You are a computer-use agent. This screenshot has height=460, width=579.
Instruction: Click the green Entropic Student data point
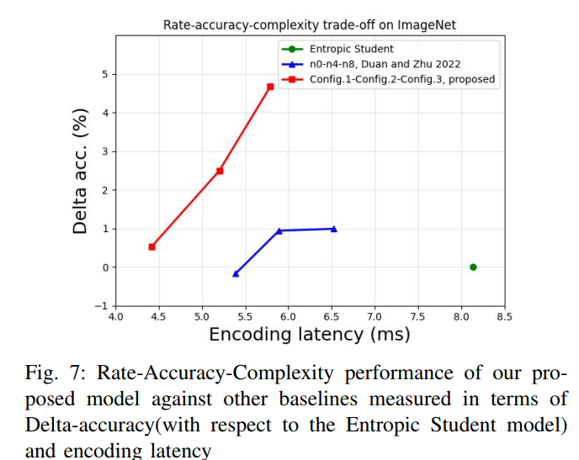tap(473, 267)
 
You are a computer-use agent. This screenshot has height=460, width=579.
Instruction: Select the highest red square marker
tap(270, 87)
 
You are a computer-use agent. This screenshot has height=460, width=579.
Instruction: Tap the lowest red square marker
tap(151, 246)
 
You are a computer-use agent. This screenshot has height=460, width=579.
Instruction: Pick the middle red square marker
tap(220, 171)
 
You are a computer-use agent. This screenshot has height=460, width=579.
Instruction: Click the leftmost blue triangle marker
tap(236, 273)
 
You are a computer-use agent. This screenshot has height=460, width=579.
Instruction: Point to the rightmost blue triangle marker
tap(334, 229)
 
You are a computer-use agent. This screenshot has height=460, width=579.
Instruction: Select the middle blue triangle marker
tap(279, 230)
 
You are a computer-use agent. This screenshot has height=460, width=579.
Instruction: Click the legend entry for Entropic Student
tap(345, 50)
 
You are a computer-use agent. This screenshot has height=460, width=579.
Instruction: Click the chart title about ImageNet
tap(310, 24)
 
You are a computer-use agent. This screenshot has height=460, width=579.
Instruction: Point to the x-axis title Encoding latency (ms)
tap(309, 335)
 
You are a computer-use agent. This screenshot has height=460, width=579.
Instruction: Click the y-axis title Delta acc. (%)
tap(81, 171)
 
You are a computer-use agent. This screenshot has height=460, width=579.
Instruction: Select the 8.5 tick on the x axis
tap(505, 317)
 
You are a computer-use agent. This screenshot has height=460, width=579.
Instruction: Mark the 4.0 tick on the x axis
tap(115, 317)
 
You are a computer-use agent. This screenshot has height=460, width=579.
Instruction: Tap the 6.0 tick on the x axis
tap(288, 317)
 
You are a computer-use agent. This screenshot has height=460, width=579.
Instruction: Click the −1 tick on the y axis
tap(102, 306)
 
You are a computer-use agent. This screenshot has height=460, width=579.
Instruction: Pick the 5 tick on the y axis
tap(105, 75)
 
